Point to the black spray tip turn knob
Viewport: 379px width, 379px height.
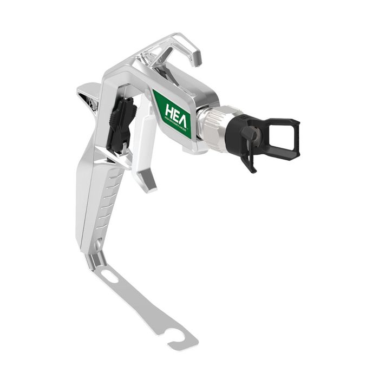tap(250, 132)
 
